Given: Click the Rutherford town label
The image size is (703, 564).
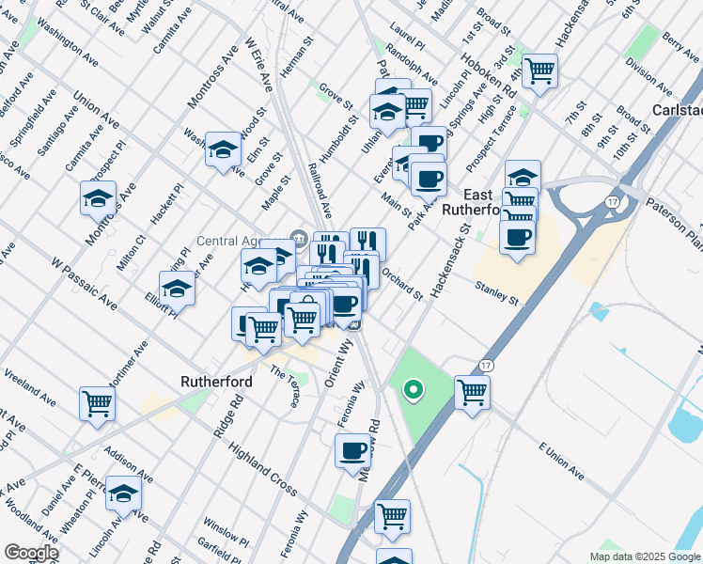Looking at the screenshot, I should pos(216,383).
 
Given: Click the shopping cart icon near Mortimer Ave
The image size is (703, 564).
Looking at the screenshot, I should pos(98,403).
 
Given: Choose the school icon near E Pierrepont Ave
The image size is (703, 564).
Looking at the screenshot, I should pos(123,492).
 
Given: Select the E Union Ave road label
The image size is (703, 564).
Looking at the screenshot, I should pos(562,461).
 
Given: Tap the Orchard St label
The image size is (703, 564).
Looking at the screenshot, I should pos(402,284).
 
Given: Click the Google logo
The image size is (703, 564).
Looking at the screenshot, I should pos(31,553).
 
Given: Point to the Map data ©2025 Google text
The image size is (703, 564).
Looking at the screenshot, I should pos(645,556).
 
